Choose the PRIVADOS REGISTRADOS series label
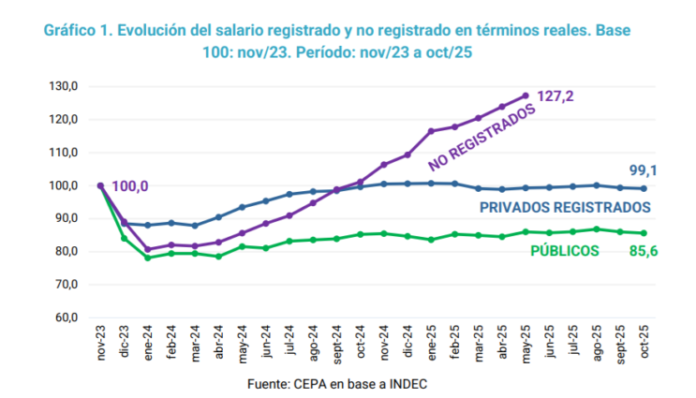(565, 208)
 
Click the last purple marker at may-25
(526, 96)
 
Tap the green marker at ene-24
(147, 258)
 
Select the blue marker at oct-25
(644, 188)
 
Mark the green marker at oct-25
(644, 233)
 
